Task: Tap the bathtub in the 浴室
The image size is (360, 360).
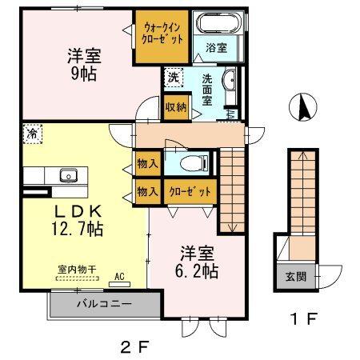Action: pyautogui.click(x=216, y=26)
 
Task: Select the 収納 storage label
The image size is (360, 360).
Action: pyautogui.click(x=176, y=107)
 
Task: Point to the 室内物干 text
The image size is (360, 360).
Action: pyautogui.click(x=76, y=271)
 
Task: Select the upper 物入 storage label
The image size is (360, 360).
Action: pyautogui.click(x=147, y=165)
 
